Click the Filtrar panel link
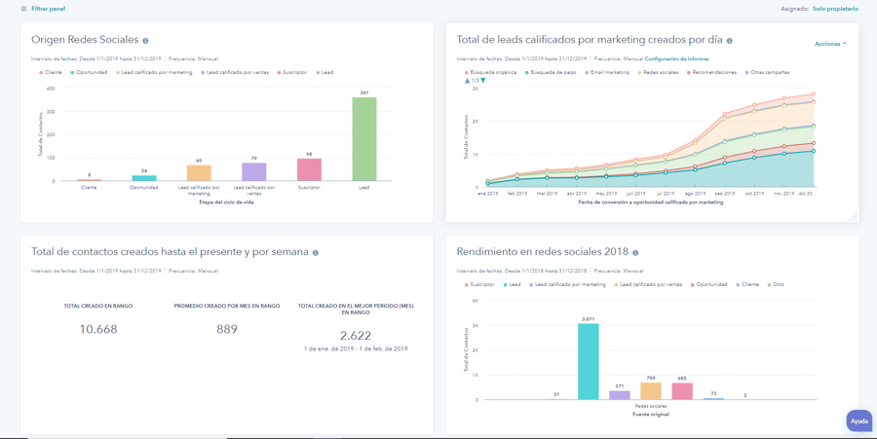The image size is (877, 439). [x=47, y=9]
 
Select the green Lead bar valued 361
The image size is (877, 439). [x=363, y=139]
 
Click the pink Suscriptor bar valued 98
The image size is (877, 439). [x=309, y=169]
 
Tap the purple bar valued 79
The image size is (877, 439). [x=254, y=172]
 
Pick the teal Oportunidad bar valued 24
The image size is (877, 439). [x=144, y=178]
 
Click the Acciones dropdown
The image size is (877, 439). [x=830, y=44]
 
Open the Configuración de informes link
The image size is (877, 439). [x=676, y=58]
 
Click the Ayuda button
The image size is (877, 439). [x=858, y=421]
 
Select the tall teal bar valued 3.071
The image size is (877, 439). [x=588, y=361]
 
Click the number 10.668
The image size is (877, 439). [x=97, y=329]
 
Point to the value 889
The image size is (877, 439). [x=227, y=329]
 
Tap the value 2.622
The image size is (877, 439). [x=356, y=335]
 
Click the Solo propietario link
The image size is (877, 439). [x=835, y=9]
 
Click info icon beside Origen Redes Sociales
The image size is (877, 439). [x=145, y=41]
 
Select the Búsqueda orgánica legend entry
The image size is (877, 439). [x=492, y=72]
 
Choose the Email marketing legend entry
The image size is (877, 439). [x=609, y=72]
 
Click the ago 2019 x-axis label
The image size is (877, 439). [x=695, y=194]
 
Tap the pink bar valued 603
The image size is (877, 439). [x=682, y=391]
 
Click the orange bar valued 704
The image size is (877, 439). [x=650, y=390]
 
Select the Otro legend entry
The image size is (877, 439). [x=777, y=284]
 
